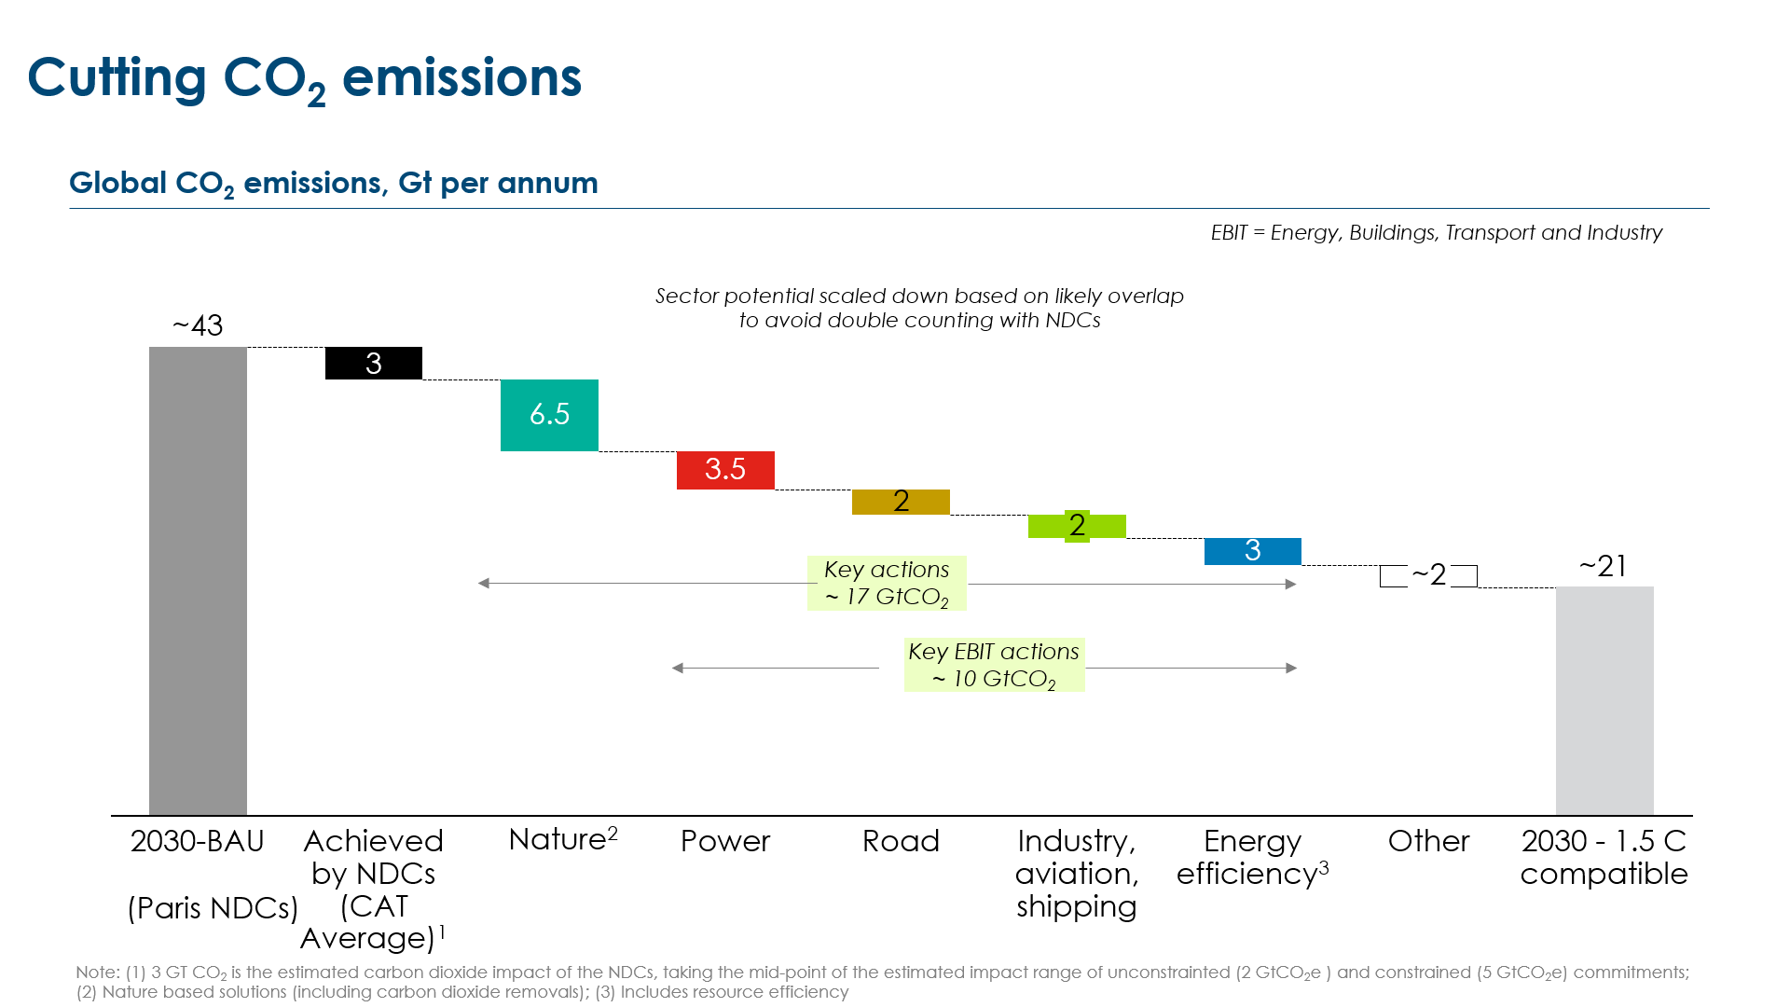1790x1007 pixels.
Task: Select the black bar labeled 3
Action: coord(373,363)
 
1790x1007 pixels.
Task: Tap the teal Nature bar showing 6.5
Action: coord(549,415)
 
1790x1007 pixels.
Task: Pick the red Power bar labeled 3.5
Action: coord(725,470)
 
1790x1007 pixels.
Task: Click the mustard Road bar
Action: coord(901,502)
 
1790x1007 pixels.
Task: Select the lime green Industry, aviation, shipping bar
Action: coord(1077,526)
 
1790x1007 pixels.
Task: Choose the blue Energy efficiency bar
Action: coord(1252,551)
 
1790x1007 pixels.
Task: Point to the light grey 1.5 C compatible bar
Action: coord(1604,699)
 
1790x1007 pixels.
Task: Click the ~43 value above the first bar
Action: coord(198,325)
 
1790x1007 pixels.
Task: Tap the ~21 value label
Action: coord(1604,566)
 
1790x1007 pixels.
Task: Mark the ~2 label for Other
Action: coord(1428,575)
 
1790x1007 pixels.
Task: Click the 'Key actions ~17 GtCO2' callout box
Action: coord(887,584)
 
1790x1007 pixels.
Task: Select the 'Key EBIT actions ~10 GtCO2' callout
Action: coord(994,665)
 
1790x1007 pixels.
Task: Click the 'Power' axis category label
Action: coord(725,841)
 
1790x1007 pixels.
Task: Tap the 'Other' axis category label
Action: coord(1428,841)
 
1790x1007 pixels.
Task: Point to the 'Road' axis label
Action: coord(901,841)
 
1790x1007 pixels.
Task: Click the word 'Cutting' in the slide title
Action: coord(117,77)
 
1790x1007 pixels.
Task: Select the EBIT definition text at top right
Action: coord(1436,232)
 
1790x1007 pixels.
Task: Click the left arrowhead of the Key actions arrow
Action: coord(483,584)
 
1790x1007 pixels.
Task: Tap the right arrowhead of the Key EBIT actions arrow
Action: coord(1291,668)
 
